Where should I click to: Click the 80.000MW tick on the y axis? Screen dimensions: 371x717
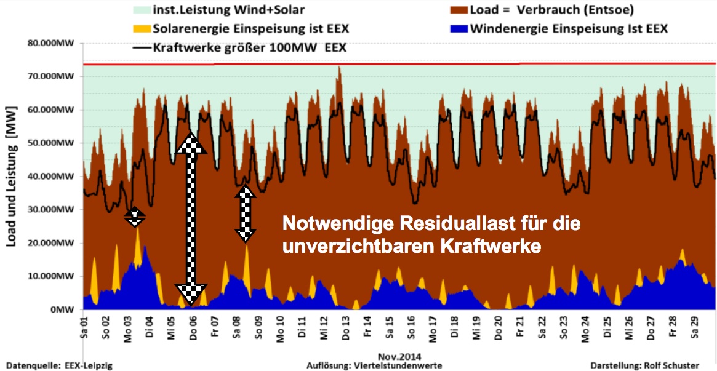coord(53,44)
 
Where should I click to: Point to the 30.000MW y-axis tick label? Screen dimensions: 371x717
coord(53,210)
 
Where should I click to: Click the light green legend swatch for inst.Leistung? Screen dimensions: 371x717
coord(123,9)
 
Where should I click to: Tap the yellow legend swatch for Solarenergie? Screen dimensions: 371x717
coord(142,28)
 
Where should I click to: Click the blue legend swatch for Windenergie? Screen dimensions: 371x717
coord(458,28)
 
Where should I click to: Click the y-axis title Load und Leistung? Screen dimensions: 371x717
coord(12,176)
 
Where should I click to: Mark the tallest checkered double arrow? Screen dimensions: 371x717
coord(191,218)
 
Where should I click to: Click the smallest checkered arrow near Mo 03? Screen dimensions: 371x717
coord(134,216)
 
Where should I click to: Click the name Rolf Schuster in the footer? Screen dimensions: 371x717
coord(670,366)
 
